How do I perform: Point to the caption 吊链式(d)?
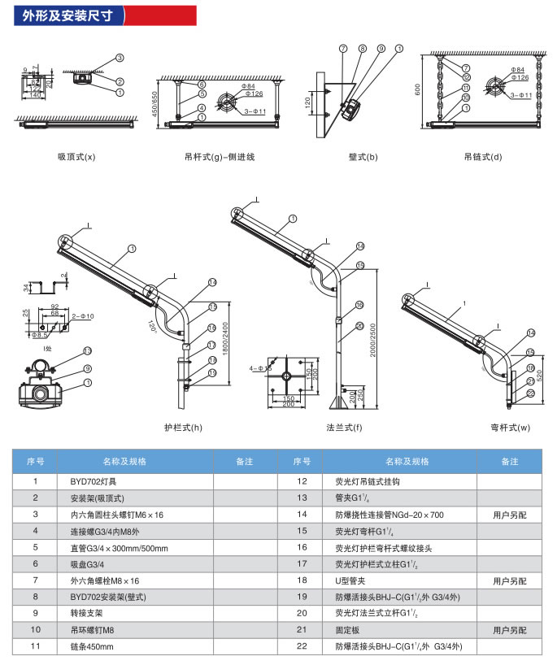tap(484, 157)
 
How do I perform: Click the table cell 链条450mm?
tap(92, 646)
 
